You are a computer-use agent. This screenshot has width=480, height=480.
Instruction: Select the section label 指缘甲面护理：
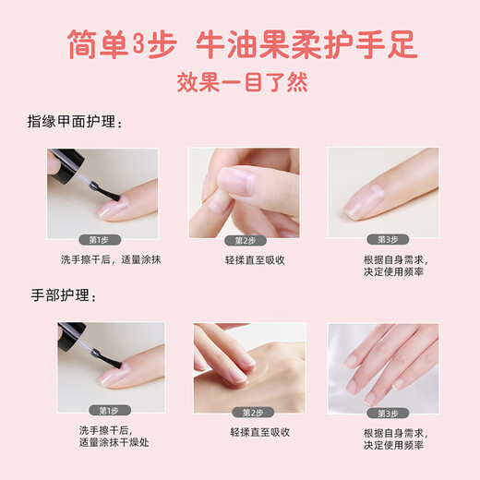click(75, 122)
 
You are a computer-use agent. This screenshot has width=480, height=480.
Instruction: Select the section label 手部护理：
click(62, 295)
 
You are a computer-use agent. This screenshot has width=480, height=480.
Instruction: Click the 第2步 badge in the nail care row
click(246, 238)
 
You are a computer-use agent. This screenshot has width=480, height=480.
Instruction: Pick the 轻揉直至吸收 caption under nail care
click(246, 260)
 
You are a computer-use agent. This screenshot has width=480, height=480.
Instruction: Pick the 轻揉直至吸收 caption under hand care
click(246, 432)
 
